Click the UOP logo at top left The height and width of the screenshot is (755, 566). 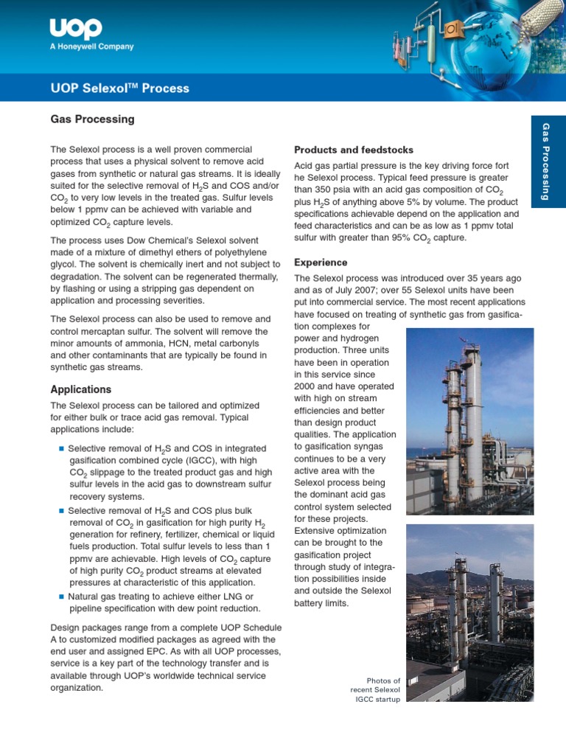(x=76, y=29)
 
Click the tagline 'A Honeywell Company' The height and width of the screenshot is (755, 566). (x=92, y=46)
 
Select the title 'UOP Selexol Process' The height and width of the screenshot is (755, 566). (x=119, y=88)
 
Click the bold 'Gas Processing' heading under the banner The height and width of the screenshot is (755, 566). (x=92, y=119)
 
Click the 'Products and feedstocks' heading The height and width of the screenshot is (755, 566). (x=354, y=150)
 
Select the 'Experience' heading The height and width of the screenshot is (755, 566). (x=321, y=262)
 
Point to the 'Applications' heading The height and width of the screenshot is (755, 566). (x=81, y=389)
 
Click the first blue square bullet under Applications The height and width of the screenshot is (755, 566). (x=61, y=448)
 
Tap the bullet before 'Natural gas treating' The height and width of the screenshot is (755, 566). (x=61, y=596)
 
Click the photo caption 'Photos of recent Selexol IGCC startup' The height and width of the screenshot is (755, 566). (x=375, y=689)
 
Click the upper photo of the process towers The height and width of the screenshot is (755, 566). (x=470, y=421)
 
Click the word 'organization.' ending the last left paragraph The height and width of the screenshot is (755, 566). (x=77, y=686)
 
